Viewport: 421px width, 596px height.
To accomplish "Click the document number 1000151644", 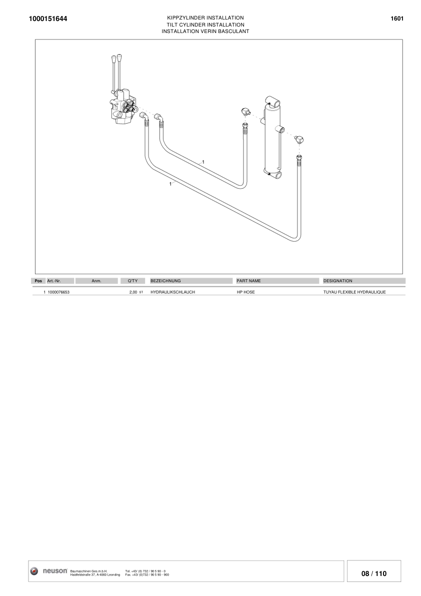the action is (x=48, y=19).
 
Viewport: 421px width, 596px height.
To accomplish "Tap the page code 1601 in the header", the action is (x=397, y=19).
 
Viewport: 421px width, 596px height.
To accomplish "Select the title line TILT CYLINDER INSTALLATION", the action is (x=205, y=25).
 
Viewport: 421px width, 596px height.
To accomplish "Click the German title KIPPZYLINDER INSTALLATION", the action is (x=205, y=18).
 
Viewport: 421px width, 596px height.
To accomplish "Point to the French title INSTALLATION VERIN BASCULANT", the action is (x=205, y=32).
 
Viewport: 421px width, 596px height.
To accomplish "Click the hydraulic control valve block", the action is (x=122, y=107).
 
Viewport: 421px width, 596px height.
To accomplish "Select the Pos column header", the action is (x=38, y=281).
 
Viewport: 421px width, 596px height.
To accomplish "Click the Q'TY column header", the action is (x=132, y=281).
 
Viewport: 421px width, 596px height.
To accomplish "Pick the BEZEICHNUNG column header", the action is (x=165, y=281).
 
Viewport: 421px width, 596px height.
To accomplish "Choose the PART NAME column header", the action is (x=248, y=281).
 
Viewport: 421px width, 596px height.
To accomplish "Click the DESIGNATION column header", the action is (x=338, y=281).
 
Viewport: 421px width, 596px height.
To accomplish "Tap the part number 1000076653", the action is (x=59, y=292).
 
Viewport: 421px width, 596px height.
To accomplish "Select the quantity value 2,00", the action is (x=133, y=292).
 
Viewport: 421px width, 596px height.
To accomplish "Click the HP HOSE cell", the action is (x=245, y=292).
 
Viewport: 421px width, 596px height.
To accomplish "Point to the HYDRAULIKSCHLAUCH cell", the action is (x=172, y=292).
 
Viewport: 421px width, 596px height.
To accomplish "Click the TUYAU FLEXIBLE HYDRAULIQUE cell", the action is (x=354, y=292).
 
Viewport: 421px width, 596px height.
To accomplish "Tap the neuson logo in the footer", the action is (x=49, y=571).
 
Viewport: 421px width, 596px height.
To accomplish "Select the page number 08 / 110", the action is (x=374, y=573).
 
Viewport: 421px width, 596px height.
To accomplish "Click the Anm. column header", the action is (x=96, y=281).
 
